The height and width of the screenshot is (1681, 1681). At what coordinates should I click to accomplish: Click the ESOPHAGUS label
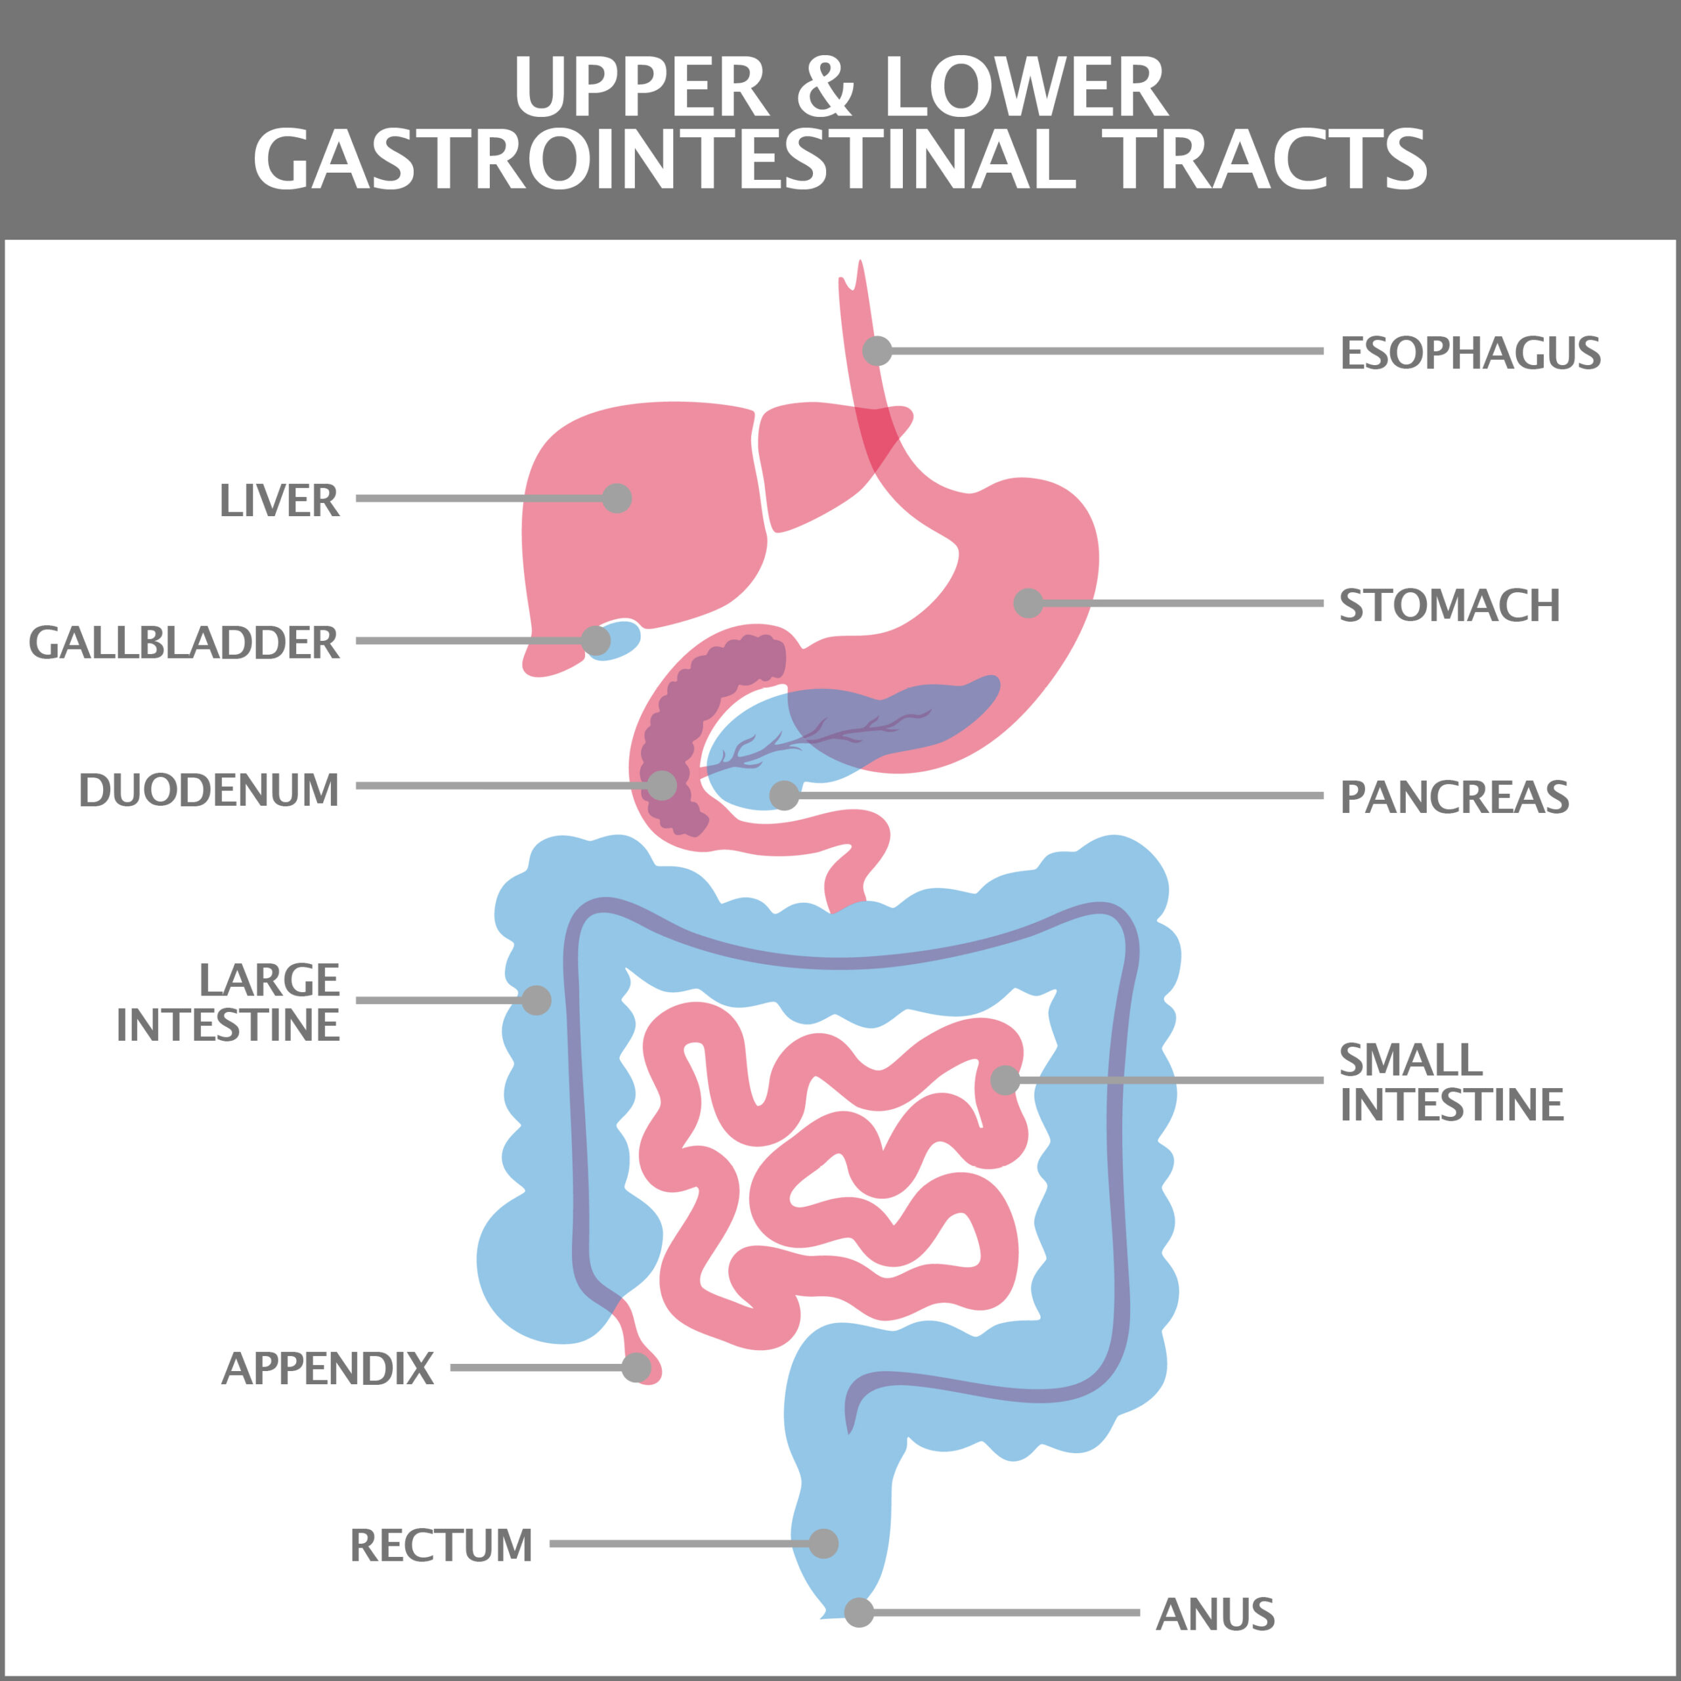1470,353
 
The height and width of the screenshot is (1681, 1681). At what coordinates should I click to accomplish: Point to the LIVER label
279,500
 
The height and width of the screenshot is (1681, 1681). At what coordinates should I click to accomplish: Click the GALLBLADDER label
184,642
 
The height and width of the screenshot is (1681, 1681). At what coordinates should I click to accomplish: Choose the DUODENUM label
209,789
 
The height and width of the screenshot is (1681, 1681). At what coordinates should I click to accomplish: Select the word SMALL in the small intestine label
1410,1060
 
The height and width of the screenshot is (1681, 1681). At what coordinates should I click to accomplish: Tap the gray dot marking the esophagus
877,351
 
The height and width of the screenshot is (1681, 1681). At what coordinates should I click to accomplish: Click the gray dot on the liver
617,498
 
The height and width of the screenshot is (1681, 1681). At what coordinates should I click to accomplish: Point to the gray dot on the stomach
1028,602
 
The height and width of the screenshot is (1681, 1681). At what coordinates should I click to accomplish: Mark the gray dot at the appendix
636,1367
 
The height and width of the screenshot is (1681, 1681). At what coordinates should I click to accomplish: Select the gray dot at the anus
859,1611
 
